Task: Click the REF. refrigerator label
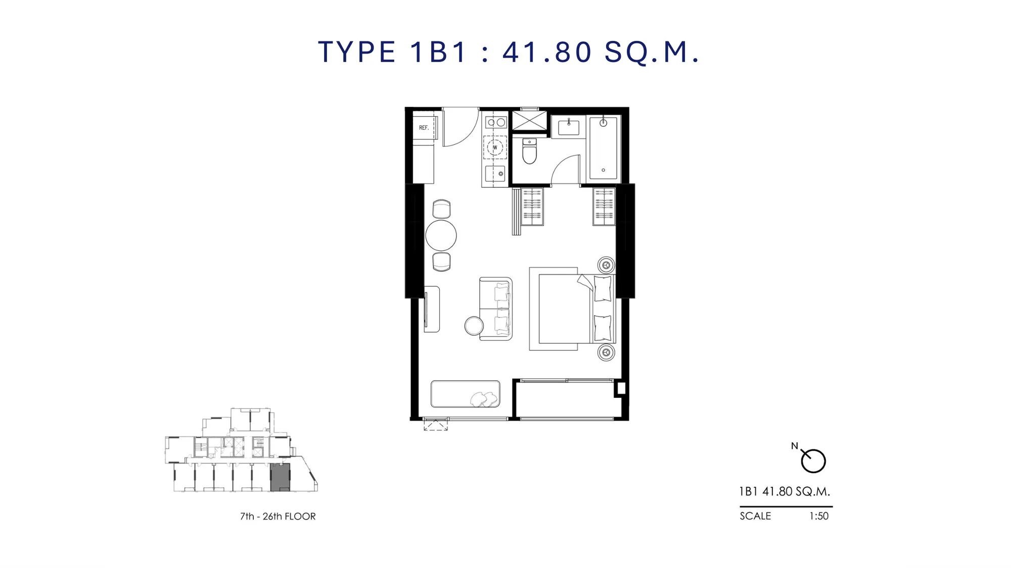pos(424,128)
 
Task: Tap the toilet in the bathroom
pos(529,151)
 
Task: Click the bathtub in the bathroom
pos(604,148)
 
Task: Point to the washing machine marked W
pos(495,147)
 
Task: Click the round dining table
pos(441,235)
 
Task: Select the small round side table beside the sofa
pos(474,326)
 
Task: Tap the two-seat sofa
pos(496,308)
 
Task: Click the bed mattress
pos(565,309)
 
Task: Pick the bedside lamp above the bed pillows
pos(606,265)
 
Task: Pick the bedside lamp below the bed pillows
pos(606,352)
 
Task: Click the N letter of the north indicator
pos(794,446)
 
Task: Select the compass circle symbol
pos(813,461)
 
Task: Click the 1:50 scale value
pos(819,516)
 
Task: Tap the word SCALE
pos(755,516)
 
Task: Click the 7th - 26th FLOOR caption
pos(278,517)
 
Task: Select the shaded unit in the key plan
pos(280,477)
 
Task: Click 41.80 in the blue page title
pos(547,52)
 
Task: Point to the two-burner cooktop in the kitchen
pos(496,122)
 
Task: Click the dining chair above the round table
pos(441,209)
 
